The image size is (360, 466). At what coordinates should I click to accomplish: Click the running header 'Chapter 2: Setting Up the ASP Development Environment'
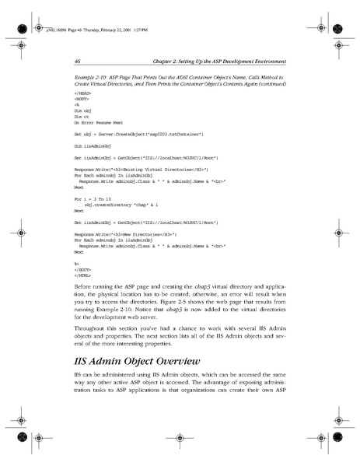click(x=219, y=61)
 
